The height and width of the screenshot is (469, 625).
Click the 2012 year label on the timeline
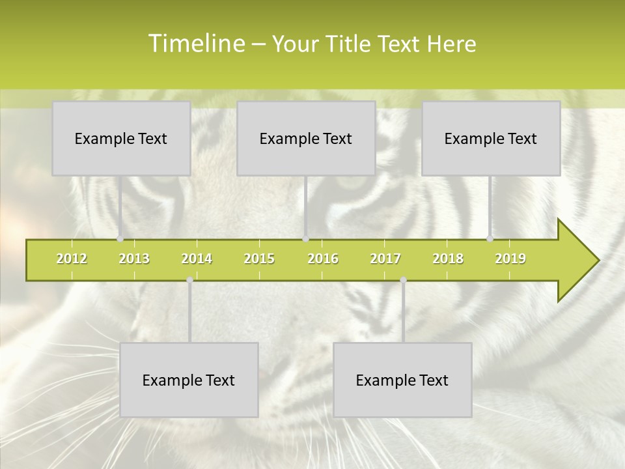(72, 259)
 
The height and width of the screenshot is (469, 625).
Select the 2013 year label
(134, 259)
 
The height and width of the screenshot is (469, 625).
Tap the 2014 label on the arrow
(197, 259)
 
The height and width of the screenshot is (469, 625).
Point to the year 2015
(259, 259)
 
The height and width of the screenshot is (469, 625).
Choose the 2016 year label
(323, 259)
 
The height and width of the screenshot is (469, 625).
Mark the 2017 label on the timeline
(385, 259)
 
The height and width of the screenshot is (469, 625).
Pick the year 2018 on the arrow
(448, 259)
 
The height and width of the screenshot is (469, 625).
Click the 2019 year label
(510, 259)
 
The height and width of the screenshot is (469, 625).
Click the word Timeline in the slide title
(196, 44)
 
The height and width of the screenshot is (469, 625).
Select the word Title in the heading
(352, 44)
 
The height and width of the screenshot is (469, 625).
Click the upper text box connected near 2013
(121, 138)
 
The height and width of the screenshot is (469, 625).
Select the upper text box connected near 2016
(306, 138)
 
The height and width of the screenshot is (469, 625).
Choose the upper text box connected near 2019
(491, 138)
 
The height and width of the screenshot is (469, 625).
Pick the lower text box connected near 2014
(189, 380)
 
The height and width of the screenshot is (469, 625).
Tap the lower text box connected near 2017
(402, 380)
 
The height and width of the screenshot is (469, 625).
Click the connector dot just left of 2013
(120, 239)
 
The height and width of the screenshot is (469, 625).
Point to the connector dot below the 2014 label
(189, 280)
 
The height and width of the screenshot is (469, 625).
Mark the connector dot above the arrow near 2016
(305, 239)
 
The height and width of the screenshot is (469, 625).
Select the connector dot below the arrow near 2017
(403, 280)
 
